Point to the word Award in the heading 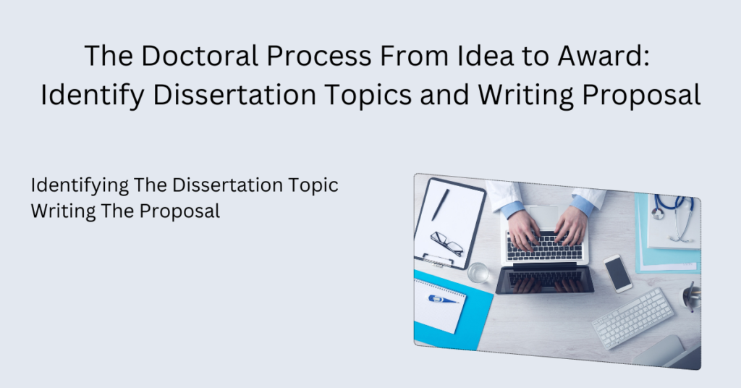click(607, 56)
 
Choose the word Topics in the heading click(364, 95)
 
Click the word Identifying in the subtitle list click(79, 186)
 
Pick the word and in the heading click(446, 95)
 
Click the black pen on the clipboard click(440, 205)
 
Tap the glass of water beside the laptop click(478, 272)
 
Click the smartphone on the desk click(617, 273)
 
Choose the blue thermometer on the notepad click(443, 299)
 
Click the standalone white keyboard click(632, 317)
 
